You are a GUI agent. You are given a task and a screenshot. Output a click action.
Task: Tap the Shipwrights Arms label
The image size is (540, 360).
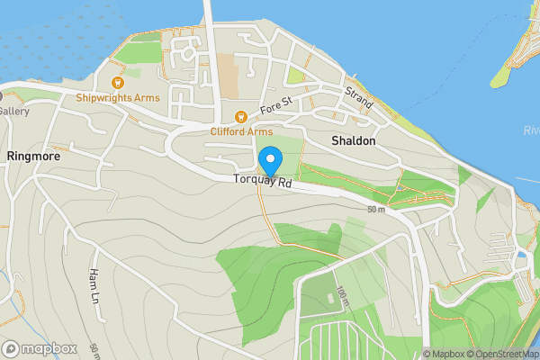click(118, 97)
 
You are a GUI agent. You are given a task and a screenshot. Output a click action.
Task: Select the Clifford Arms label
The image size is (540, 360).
click(240, 131)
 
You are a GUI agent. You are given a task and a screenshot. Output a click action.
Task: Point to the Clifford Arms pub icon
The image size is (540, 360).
click(240, 117)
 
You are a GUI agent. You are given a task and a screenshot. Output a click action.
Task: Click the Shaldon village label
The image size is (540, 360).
click(353, 142)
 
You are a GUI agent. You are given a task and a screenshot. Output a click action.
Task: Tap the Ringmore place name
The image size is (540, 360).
click(32, 156)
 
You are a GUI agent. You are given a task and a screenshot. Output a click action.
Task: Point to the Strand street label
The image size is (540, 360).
click(358, 98)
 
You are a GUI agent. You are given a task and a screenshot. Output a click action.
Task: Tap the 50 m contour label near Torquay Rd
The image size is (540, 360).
click(375, 210)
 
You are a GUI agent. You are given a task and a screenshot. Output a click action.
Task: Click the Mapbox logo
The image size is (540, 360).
click(40, 348)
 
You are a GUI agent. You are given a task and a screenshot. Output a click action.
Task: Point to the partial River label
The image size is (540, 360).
click(531, 131)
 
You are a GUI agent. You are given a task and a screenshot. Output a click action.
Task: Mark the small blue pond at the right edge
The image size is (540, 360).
click(521, 255)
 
